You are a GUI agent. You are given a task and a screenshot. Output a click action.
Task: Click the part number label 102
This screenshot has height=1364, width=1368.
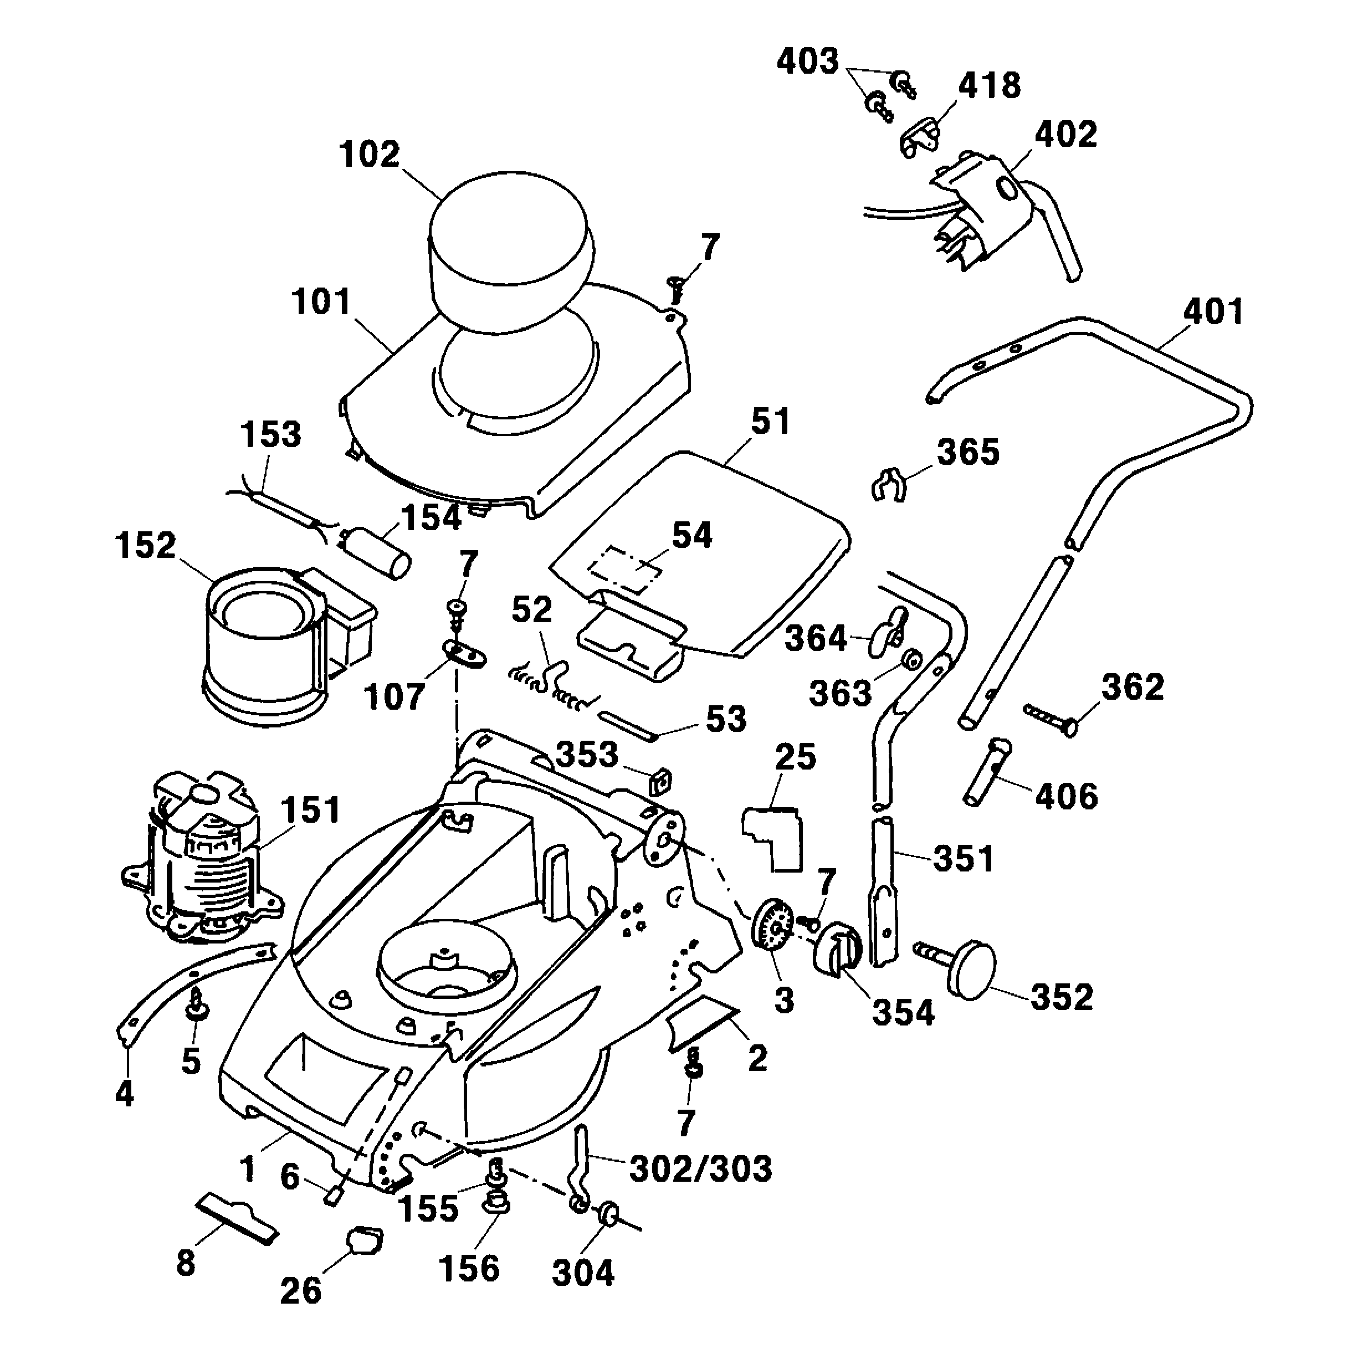[x=370, y=155]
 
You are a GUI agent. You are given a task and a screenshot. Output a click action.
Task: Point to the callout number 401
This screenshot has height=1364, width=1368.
[x=1213, y=311]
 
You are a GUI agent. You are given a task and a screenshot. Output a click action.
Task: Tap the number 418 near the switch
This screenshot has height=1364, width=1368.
[x=989, y=86]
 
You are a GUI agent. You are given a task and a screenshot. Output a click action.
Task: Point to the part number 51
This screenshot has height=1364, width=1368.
[x=770, y=421]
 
